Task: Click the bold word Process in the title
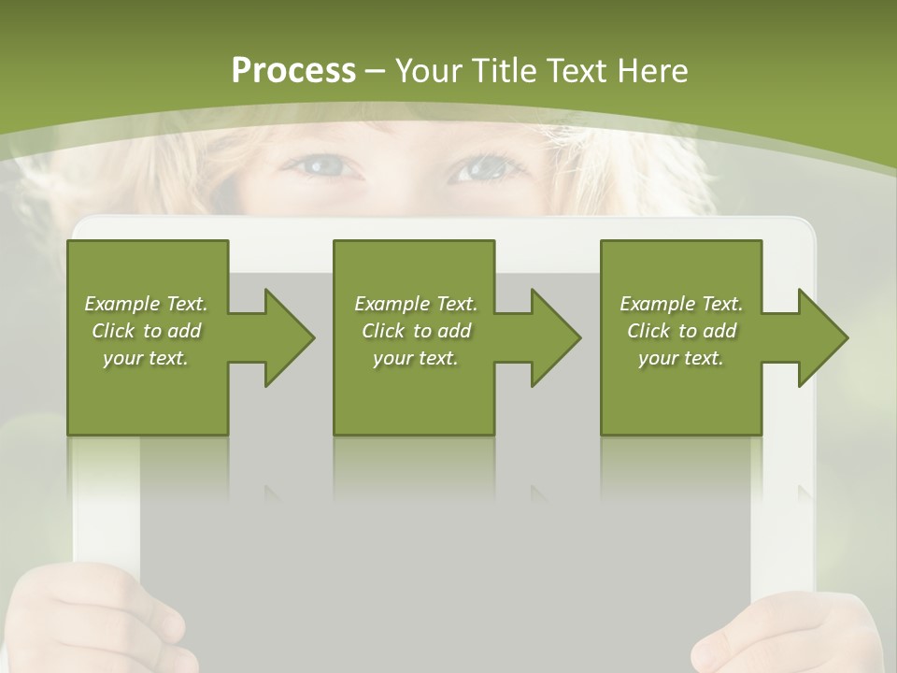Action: (x=293, y=71)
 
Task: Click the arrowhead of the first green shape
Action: (x=286, y=337)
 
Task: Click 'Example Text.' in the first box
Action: (x=146, y=304)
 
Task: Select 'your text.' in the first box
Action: (x=146, y=358)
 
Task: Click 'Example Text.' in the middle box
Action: (x=416, y=304)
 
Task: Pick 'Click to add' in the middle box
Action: (x=416, y=331)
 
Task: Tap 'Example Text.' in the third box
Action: (x=681, y=304)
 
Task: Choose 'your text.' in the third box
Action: (x=681, y=358)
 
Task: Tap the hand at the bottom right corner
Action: (x=794, y=636)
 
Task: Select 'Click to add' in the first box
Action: (x=146, y=331)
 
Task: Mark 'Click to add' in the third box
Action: (x=681, y=331)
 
